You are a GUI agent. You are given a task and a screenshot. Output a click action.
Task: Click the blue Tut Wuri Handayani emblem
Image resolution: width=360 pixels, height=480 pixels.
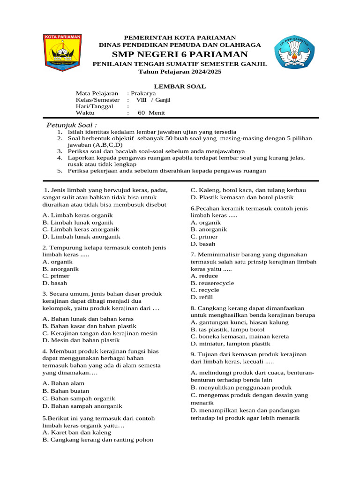(294, 54)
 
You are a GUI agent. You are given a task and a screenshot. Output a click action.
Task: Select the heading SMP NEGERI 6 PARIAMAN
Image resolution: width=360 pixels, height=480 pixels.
(180, 54)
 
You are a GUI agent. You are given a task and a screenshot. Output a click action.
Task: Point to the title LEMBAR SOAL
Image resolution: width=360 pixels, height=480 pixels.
(180, 86)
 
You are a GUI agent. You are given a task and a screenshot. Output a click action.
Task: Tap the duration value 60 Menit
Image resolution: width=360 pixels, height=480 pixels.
(151, 113)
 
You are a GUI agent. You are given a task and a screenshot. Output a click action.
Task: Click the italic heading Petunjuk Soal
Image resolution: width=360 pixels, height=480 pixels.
(72, 125)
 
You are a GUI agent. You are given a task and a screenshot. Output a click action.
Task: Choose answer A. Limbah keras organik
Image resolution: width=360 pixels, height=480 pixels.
(77, 215)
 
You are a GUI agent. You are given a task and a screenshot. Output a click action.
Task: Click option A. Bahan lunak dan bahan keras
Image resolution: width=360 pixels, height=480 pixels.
(88, 319)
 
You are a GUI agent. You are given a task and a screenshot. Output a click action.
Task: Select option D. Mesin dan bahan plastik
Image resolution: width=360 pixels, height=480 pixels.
(81, 340)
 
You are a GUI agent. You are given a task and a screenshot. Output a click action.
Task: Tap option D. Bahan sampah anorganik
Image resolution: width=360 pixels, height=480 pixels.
(82, 406)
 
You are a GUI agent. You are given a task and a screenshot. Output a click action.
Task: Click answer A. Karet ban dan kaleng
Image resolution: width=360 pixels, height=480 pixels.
(77, 432)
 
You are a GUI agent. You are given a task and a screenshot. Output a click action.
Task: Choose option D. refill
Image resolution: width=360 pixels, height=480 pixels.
(202, 297)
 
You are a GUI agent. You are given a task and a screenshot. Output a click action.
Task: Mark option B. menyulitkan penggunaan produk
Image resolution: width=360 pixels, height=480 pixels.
(241, 388)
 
